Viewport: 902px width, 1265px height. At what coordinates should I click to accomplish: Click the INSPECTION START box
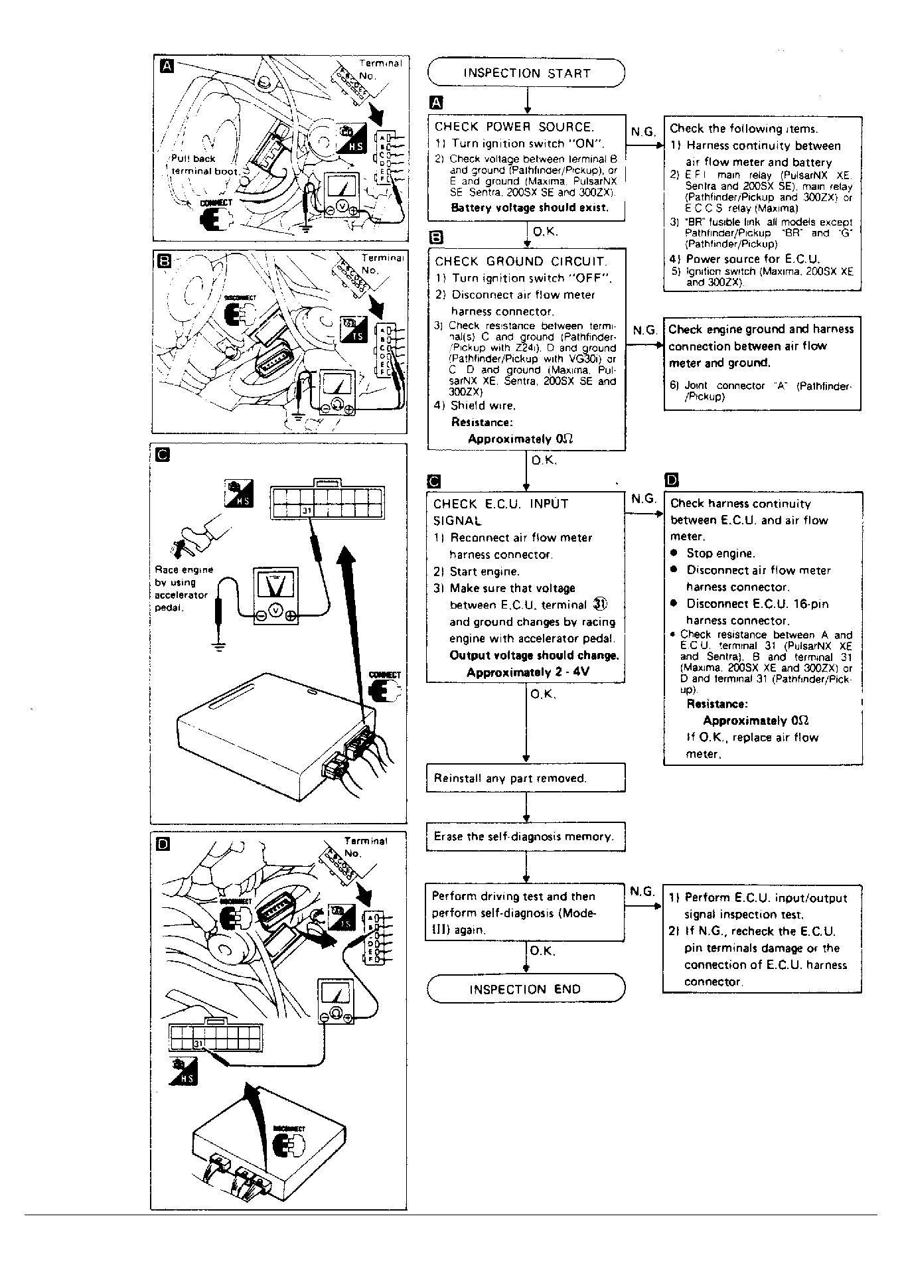[x=526, y=73]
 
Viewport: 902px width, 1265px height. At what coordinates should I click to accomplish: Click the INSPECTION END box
[x=525, y=989]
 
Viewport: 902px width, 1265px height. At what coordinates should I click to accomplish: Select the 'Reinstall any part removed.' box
[x=525, y=778]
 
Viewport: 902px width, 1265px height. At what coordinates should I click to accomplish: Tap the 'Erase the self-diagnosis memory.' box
[x=525, y=837]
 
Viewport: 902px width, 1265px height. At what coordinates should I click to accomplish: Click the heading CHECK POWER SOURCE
[x=514, y=127]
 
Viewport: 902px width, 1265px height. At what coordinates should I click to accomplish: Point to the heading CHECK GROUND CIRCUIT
[x=520, y=261]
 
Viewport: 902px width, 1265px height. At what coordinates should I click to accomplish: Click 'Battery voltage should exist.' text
[x=529, y=208]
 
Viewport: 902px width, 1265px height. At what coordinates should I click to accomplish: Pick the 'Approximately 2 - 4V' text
[x=528, y=672]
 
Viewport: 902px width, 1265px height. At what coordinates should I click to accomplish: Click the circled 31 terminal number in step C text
[x=600, y=604]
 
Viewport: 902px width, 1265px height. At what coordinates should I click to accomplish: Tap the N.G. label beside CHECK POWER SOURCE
[x=642, y=132]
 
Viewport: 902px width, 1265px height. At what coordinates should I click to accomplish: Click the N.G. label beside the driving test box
[x=642, y=891]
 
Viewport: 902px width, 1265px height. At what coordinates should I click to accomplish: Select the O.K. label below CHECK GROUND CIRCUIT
[x=544, y=460]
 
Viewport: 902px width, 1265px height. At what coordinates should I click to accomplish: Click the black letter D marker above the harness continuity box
[x=671, y=480]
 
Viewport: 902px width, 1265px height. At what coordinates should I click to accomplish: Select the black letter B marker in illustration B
[x=162, y=260]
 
